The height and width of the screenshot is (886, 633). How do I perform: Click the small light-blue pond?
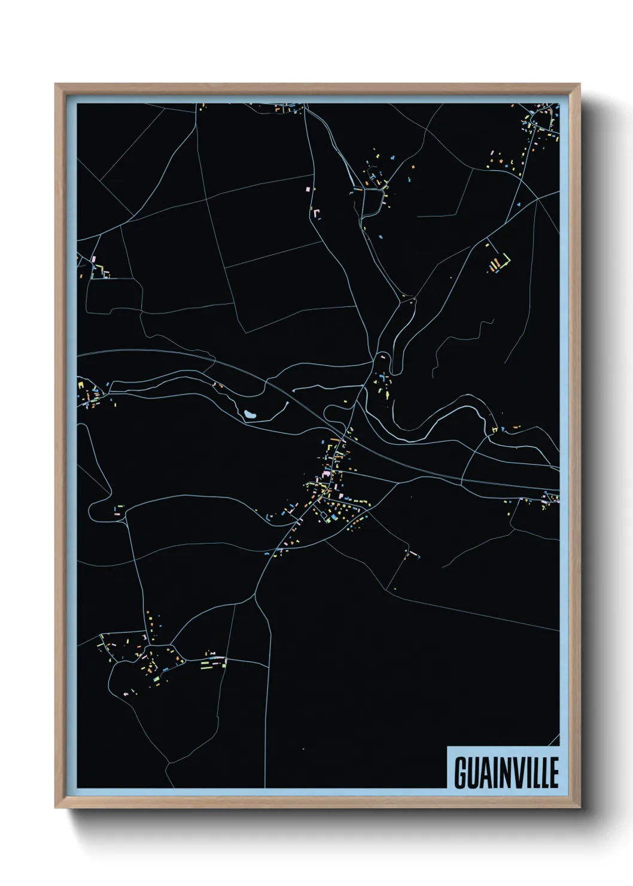pyautogui.click(x=249, y=414)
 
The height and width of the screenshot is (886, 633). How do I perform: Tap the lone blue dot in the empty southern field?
pyautogui.click(x=303, y=749)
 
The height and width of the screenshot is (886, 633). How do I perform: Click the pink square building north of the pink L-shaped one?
pyautogui.click(x=308, y=189)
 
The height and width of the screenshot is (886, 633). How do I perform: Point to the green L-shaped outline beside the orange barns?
pyautogui.click(x=506, y=260)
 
